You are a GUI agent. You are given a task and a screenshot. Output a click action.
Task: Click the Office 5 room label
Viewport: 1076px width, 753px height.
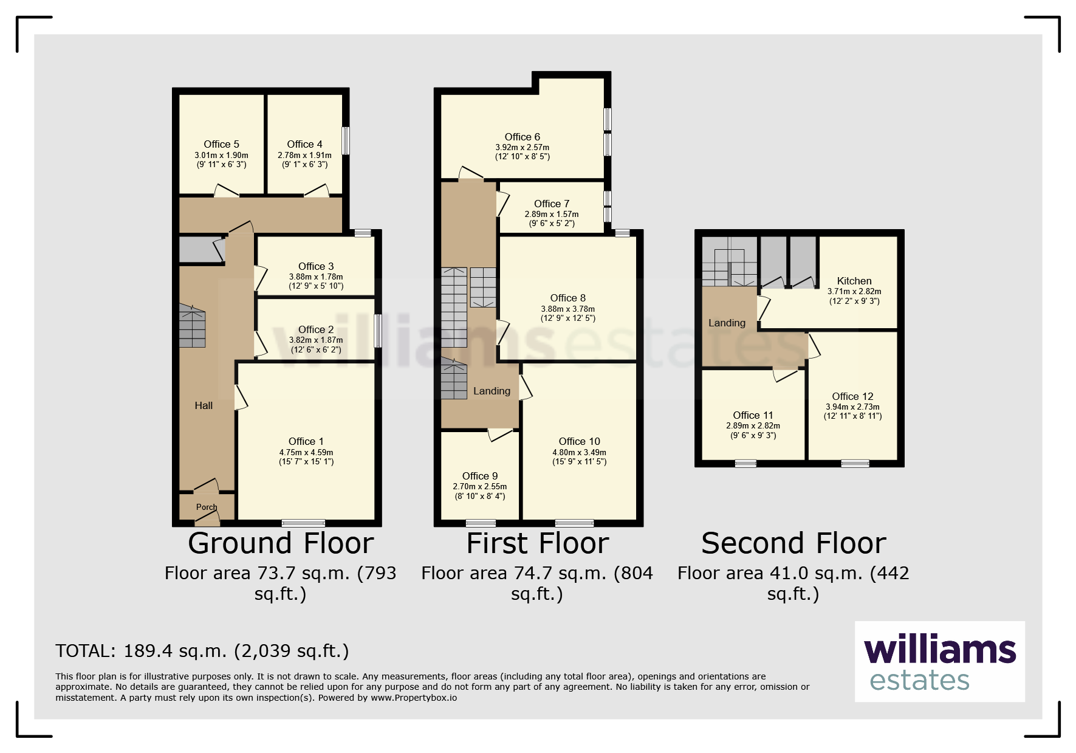[x=221, y=144]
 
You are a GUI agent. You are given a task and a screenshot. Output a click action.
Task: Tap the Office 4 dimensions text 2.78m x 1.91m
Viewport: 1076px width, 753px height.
[x=304, y=155]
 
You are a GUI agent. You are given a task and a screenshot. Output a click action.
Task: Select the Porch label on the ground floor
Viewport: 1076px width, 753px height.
[x=207, y=507]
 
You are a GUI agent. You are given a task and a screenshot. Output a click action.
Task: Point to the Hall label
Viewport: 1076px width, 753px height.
[x=204, y=405]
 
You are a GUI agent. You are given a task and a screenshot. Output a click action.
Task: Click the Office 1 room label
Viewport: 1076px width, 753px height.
[x=306, y=441]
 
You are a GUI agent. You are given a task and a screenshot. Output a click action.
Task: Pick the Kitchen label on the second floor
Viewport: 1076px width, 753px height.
[x=854, y=281]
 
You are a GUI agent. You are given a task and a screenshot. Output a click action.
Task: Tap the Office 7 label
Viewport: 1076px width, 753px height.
[x=552, y=204]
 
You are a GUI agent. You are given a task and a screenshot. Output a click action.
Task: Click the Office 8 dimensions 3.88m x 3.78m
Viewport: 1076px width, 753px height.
[x=567, y=309]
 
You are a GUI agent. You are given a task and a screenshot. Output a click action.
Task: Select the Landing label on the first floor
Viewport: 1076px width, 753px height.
[x=492, y=391]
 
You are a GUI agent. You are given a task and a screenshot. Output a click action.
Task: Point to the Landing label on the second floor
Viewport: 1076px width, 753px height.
[x=727, y=323]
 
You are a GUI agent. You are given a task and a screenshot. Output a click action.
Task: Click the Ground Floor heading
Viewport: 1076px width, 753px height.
[x=281, y=543]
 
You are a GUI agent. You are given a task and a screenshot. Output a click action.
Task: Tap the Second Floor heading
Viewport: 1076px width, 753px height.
[x=793, y=543]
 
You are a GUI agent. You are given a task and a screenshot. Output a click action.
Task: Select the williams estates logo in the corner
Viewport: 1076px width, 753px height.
[x=940, y=661]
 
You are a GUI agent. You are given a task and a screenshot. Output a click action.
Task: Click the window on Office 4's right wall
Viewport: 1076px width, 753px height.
[x=346, y=140]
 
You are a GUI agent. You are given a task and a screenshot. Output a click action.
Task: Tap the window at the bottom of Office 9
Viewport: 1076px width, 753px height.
[x=481, y=523]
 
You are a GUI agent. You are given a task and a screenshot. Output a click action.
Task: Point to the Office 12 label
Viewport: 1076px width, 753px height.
[x=852, y=396]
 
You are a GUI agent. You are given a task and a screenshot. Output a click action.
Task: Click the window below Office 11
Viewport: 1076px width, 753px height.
[x=745, y=464]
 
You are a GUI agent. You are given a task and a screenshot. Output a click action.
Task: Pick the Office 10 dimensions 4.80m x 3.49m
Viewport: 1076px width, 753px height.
[x=579, y=452]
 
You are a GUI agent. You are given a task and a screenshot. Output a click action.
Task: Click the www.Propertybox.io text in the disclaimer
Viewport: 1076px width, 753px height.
[x=414, y=698]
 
